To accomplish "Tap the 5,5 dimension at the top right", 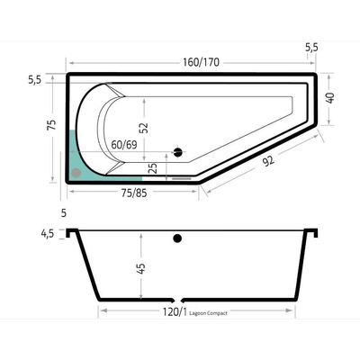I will point(311,45).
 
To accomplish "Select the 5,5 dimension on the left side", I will point(35,80).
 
